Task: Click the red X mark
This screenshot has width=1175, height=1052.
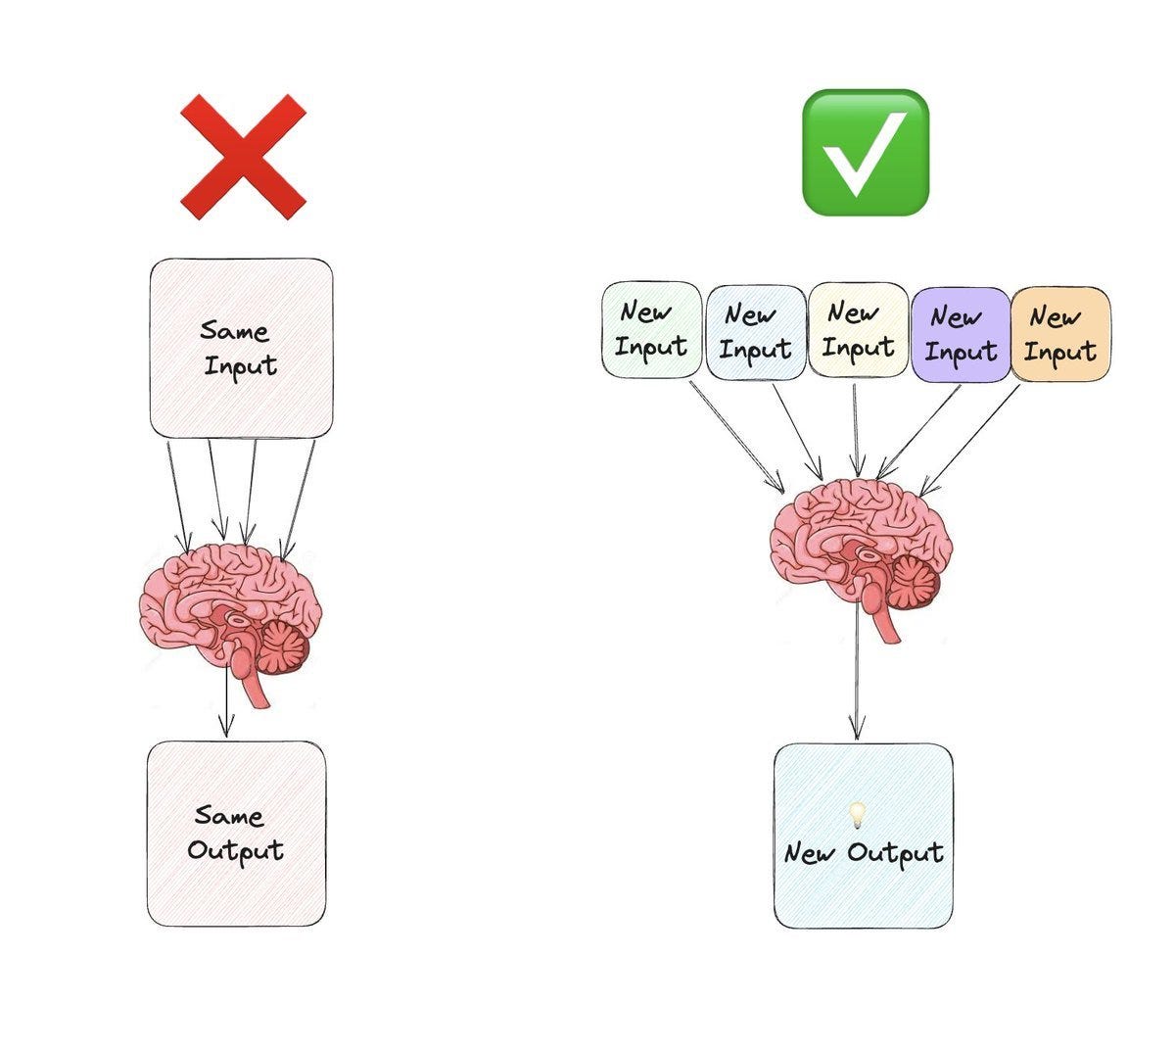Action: point(243,157)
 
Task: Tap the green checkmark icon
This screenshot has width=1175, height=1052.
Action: point(865,153)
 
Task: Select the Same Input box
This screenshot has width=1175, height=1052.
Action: point(241,348)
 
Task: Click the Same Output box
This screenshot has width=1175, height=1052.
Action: point(236,834)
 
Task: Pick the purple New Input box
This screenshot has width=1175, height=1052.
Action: point(961,333)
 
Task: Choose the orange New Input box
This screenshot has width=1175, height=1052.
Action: point(1060,333)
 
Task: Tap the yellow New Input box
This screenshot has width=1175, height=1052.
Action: point(858,329)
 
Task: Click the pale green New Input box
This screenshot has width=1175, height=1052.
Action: point(651,329)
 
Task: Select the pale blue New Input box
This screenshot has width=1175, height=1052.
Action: point(755,331)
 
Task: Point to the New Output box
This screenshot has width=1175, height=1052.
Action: point(863,836)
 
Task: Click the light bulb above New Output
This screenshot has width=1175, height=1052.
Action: point(857,813)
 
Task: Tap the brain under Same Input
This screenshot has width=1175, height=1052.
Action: point(231,612)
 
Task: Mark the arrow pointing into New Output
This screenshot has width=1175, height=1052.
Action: point(858,686)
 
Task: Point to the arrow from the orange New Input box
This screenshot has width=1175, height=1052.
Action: point(969,437)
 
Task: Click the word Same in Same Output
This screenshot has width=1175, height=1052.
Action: point(228,815)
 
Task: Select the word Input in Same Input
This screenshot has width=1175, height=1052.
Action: point(241,366)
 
